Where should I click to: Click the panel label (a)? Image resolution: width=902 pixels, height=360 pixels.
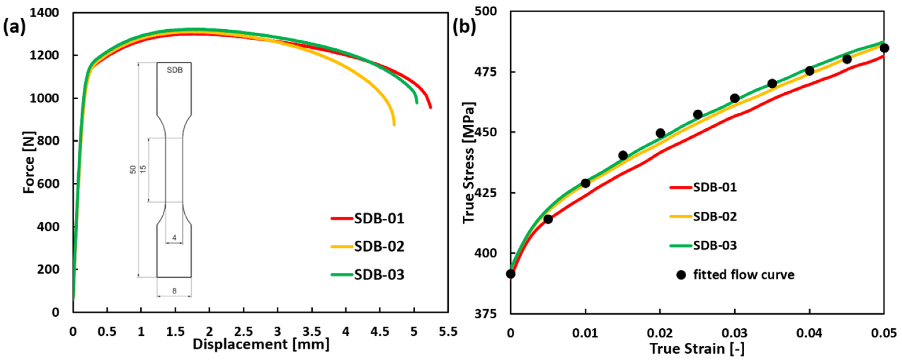(14, 27)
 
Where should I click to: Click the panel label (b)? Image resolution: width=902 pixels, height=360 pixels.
(464, 27)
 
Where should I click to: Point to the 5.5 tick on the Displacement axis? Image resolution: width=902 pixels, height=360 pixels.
(448, 331)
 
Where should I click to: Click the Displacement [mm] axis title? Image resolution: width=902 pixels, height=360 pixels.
(261, 344)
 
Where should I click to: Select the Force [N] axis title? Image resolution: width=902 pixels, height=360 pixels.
(30, 162)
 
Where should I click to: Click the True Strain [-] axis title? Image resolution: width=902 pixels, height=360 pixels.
(697, 349)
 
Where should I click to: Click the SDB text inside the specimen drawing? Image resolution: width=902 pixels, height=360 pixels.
(174, 70)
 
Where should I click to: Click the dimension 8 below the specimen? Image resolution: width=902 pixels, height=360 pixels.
(174, 291)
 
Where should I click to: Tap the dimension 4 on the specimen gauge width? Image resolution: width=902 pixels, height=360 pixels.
(174, 238)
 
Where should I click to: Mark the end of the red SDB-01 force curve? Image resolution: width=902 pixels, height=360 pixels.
(430, 107)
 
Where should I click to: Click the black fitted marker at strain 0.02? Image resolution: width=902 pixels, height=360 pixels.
(660, 133)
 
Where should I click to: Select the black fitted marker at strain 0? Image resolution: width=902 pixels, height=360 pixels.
(511, 274)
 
